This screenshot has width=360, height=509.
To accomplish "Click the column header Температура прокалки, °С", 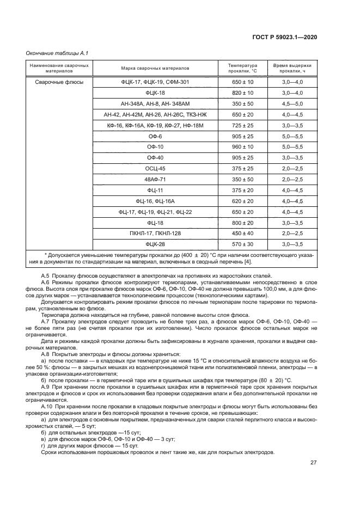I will click(x=243, y=68).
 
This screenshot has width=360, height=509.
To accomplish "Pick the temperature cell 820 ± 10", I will click(x=243, y=93).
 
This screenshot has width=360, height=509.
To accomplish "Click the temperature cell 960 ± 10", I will click(x=243, y=147).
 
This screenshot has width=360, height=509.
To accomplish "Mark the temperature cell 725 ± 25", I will click(x=243, y=125).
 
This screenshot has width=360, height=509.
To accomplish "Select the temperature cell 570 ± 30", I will click(x=243, y=244).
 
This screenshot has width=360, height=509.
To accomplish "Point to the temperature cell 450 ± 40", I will click(x=243, y=233).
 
